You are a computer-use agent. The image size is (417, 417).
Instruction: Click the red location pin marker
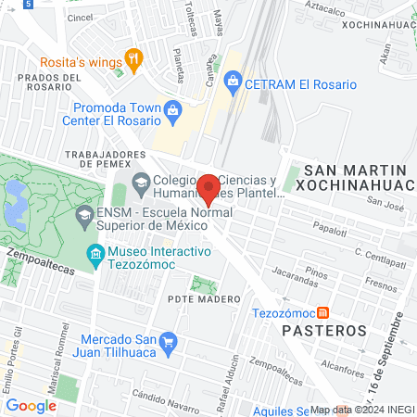(208, 188)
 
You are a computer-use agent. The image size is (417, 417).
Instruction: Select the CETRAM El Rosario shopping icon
(233, 84)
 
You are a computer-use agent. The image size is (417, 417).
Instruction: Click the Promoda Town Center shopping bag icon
(171, 112)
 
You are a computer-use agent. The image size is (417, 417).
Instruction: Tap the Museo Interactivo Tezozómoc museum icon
(95, 253)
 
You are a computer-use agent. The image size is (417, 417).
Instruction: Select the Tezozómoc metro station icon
(322, 312)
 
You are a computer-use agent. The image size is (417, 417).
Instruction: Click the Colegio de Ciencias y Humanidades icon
(141, 180)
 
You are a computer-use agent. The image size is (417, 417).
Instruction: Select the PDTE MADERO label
(205, 299)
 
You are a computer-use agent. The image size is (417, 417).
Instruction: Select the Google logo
(31, 405)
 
